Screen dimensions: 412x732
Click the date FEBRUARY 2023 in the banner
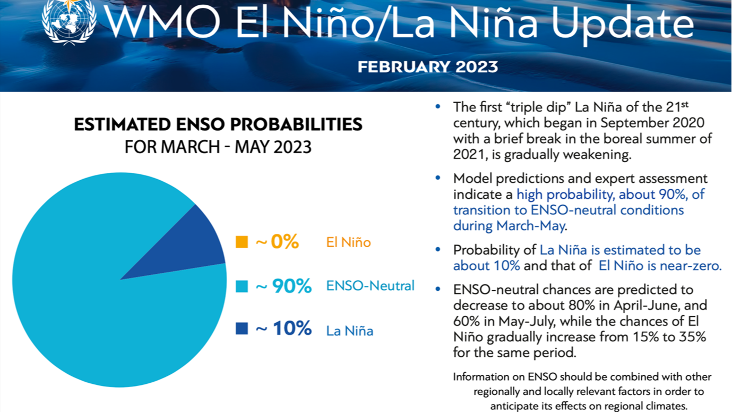pyautogui.click(x=427, y=67)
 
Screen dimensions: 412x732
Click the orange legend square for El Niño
pyautogui.click(x=242, y=242)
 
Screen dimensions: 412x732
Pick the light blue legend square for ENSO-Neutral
pyautogui.click(x=242, y=287)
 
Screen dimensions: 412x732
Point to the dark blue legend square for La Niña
pyautogui.click(x=242, y=329)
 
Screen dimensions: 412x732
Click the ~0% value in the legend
pyautogui.click(x=277, y=242)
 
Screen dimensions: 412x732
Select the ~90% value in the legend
pyautogui.click(x=283, y=286)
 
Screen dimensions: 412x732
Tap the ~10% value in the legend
pyautogui.click(x=283, y=329)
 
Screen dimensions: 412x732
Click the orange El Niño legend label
pyautogui.click(x=348, y=242)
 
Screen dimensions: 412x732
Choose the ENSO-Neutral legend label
pyautogui.click(x=370, y=286)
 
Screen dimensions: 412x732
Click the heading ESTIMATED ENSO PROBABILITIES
pyautogui.click(x=218, y=124)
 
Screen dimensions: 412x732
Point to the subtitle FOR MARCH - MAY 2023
pyautogui.click(x=218, y=146)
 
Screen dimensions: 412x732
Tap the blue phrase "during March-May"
pyautogui.click(x=509, y=225)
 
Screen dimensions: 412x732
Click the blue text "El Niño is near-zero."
pyautogui.click(x=660, y=265)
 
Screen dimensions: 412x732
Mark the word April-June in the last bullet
pyautogui.click(x=619, y=305)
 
